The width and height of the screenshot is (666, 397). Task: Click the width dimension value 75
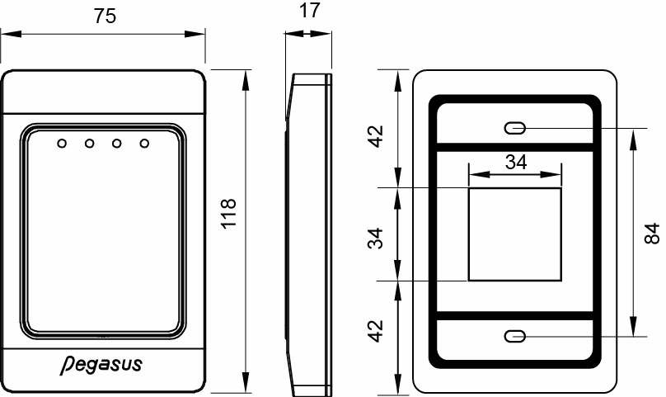pyautogui.click(x=104, y=18)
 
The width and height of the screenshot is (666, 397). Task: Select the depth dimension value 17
pyautogui.click(x=308, y=11)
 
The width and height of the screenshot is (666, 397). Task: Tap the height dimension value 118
pyautogui.click(x=228, y=213)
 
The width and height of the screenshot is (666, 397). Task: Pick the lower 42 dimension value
pyautogui.click(x=376, y=332)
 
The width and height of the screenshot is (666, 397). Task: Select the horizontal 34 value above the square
pyautogui.click(x=515, y=162)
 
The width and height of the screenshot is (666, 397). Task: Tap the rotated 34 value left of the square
pyautogui.click(x=376, y=239)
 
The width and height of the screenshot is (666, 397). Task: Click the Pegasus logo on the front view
pyautogui.click(x=101, y=364)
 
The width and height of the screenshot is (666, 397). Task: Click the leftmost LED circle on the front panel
pyautogui.click(x=61, y=144)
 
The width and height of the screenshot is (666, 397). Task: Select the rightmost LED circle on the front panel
pyautogui.click(x=145, y=144)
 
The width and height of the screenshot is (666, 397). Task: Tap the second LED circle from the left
pyautogui.click(x=89, y=144)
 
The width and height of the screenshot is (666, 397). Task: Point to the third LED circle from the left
pyautogui.click(x=117, y=144)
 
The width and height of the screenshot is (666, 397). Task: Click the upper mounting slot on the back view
pyautogui.click(x=515, y=128)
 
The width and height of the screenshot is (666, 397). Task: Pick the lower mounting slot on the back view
pyautogui.click(x=515, y=336)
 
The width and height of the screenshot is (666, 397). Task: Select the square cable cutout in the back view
pyautogui.click(x=515, y=234)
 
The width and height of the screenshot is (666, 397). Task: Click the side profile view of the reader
pyautogui.click(x=309, y=231)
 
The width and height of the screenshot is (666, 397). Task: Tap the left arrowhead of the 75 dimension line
pyautogui.click(x=7, y=35)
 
